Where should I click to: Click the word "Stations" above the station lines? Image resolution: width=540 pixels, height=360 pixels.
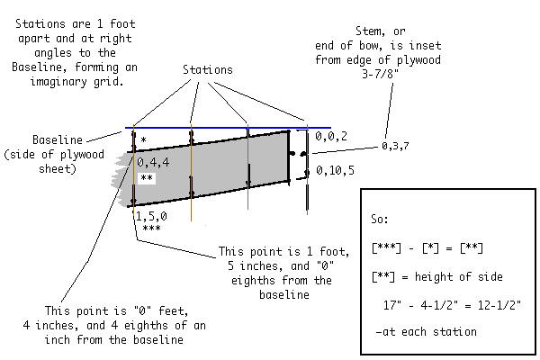tap(209, 69)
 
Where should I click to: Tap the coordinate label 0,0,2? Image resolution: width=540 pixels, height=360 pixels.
tap(332, 136)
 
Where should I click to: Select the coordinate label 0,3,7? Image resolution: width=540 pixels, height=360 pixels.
tap(397, 145)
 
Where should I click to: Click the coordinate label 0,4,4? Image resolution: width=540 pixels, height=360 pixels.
tap(152, 162)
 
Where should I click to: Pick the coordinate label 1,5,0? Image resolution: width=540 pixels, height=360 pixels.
tap(150, 216)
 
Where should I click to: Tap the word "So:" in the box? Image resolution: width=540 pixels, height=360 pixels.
tap(382, 219)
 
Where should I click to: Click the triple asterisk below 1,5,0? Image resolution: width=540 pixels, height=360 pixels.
tap(150, 229)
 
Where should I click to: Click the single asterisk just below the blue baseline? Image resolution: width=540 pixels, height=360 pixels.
tap(143, 142)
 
